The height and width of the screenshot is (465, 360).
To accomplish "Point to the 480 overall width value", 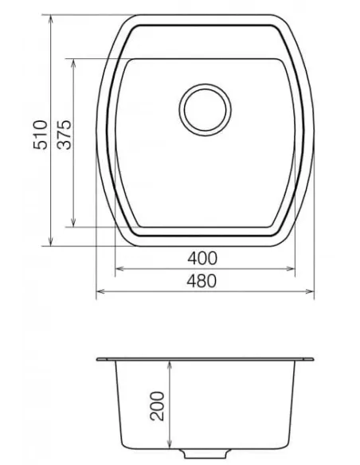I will click(x=205, y=280).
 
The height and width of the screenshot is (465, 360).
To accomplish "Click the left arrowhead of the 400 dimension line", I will click(x=119, y=269).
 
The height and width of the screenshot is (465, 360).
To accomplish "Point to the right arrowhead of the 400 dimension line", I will click(x=293, y=269).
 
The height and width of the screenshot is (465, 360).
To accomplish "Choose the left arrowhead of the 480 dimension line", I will click(x=99, y=292).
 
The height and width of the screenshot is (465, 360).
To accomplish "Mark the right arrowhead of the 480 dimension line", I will click(x=312, y=292).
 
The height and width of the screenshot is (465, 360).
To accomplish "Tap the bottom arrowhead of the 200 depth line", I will click(x=170, y=448).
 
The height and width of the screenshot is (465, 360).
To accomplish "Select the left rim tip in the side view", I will click(x=98, y=359).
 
